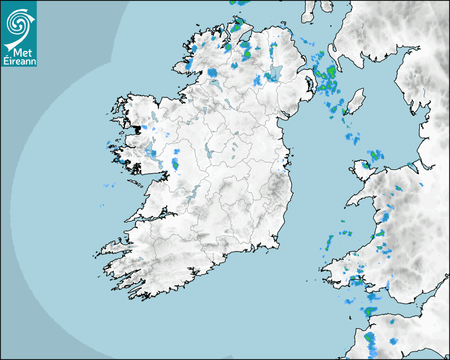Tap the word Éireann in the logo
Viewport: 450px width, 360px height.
pyautogui.click(x=19, y=61)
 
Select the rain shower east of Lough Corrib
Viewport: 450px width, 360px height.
pyautogui.click(x=175, y=164)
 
